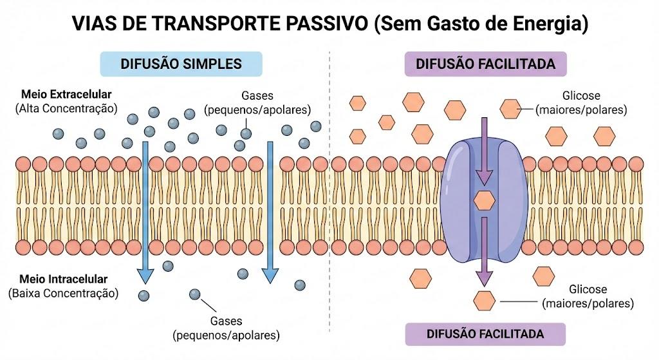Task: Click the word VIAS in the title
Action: tap(94, 24)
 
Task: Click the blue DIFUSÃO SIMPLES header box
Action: tap(181, 64)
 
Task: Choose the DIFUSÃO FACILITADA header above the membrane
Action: tap(485, 64)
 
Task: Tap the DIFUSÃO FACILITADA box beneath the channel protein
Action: tap(485, 334)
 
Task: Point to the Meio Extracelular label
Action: tap(66, 94)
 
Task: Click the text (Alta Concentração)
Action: tap(66, 108)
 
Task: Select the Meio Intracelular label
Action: tap(64, 279)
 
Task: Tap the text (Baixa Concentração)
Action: tap(64, 293)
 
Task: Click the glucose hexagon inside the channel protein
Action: tap(484, 200)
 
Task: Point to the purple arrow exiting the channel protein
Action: tap(484, 252)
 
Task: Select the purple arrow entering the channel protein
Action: tap(484, 151)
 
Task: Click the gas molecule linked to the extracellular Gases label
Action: tap(246, 134)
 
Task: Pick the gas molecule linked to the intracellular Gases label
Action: tap(194, 294)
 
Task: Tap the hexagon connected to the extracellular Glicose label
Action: tap(510, 109)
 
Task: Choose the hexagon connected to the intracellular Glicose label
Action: tap(484, 301)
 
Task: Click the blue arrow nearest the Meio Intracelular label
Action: tap(145, 213)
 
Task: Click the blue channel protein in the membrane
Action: tap(484, 198)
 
